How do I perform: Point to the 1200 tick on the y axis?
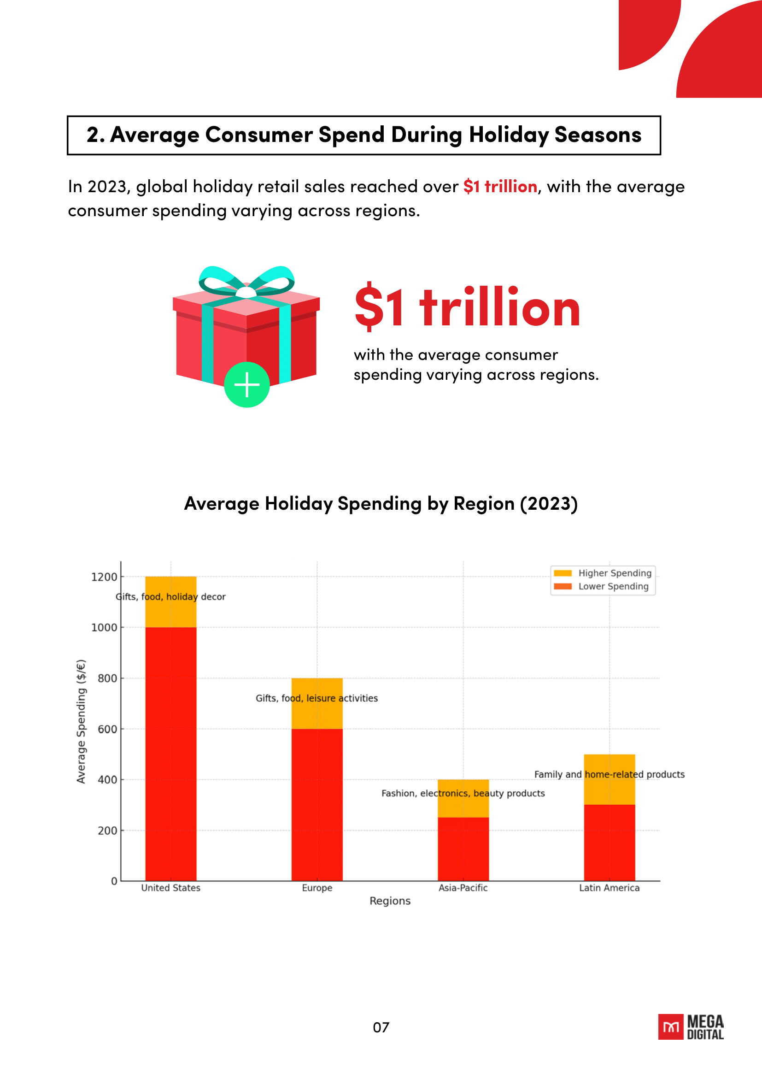(x=104, y=577)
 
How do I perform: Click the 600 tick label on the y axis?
(x=107, y=729)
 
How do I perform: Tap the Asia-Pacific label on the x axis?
(x=463, y=888)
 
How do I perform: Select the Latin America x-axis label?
(x=609, y=888)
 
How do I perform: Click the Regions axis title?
(x=390, y=901)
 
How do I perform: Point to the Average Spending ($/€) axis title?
(x=81, y=721)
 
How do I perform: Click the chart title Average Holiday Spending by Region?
(x=381, y=504)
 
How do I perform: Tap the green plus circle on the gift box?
(x=247, y=385)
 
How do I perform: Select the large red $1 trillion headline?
(x=467, y=307)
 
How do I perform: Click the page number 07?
(x=381, y=1028)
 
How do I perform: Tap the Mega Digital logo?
(x=691, y=1027)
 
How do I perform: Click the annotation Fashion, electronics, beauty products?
(x=463, y=794)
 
